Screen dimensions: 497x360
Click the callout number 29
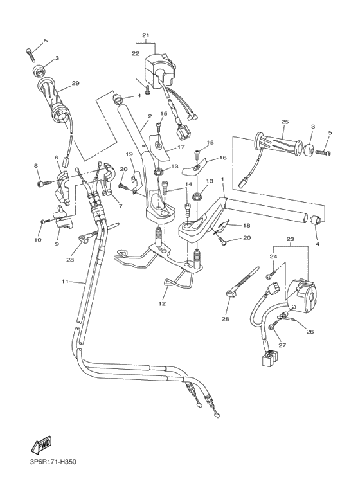pyautogui.click(x=75, y=84)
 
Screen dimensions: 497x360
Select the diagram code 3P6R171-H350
pyautogui.click(x=62, y=462)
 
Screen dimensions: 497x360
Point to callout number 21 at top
pyautogui.click(x=145, y=35)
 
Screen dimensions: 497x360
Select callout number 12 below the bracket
pyautogui.click(x=162, y=303)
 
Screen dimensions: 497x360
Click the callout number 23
pyautogui.click(x=289, y=239)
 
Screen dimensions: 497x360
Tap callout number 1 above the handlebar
pyautogui.click(x=222, y=180)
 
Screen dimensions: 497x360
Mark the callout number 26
pyautogui.click(x=310, y=332)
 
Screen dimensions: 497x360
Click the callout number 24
pyautogui.click(x=273, y=257)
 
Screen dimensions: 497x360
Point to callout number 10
pyautogui.click(x=37, y=240)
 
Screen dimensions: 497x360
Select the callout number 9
pyautogui.click(x=57, y=244)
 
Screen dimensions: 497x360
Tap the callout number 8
pyautogui.click(x=35, y=166)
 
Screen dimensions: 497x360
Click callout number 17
pyautogui.click(x=181, y=147)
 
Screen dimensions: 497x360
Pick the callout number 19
pyautogui.click(x=129, y=154)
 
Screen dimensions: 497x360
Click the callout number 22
pyautogui.click(x=136, y=53)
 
